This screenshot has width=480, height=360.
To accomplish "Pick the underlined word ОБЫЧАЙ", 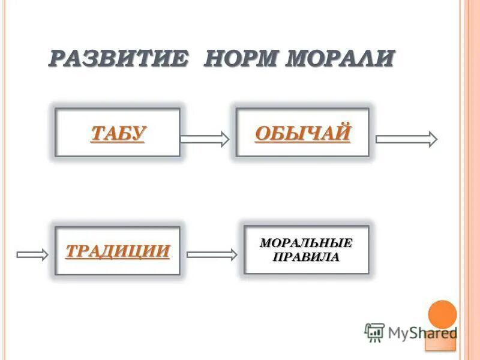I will (x=302, y=133).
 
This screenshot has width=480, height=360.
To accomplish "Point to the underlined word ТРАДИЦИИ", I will (x=118, y=250).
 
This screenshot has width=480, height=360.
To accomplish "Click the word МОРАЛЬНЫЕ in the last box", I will (x=306, y=244).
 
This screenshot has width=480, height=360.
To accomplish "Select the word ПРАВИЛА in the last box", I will (x=306, y=257).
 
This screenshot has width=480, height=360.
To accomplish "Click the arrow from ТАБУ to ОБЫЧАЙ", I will (x=205, y=139).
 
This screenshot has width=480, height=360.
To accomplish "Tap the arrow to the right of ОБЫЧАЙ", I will (x=406, y=139).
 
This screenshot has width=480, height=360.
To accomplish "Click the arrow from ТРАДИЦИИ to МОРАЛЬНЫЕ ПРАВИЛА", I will (x=212, y=254).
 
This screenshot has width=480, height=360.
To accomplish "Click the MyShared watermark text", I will (x=422, y=332).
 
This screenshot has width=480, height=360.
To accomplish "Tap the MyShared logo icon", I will (x=374, y=332).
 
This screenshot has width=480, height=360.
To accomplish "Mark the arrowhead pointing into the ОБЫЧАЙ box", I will (x=224, y=139).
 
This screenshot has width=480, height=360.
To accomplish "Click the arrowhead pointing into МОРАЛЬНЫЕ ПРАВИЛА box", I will (x=233, y=254).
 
